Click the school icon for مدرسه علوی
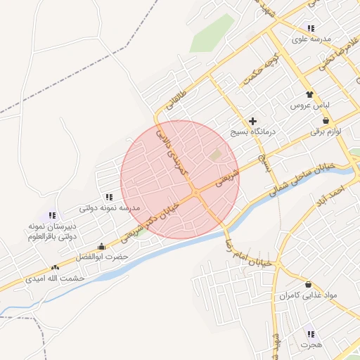click(x=311, y=29)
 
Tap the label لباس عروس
click(x=316, y=105)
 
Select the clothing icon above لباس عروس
click(x=309, y=94)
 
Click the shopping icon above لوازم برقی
click(x=326, y=120)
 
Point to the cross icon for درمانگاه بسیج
click(x=253, y=121)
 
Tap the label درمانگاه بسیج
click(x=252, y=131)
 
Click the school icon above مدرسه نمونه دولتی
click(x=108, y=198)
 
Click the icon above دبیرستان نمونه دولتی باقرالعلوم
click(x=51, y=215)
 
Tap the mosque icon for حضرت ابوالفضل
click(x=101, y=247)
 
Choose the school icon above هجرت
click(x=311, y=334)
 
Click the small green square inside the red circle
click(x=217, y=155)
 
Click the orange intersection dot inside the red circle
click(x=195, y=191)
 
